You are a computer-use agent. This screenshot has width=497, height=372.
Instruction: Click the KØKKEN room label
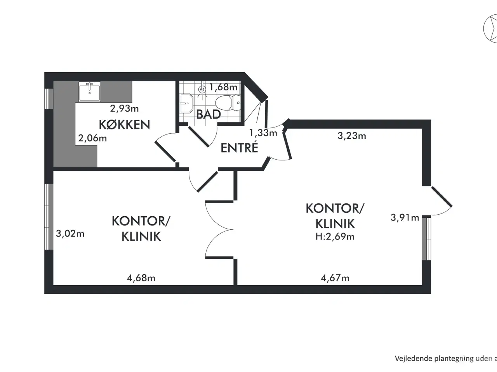(124, 124)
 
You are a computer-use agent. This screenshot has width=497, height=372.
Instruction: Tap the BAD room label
(209, 114)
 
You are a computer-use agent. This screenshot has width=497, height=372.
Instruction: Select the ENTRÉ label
(239, 148)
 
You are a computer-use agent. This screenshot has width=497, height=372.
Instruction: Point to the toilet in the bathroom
(228, 103)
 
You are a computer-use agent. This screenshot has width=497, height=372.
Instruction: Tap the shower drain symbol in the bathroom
(202, 89)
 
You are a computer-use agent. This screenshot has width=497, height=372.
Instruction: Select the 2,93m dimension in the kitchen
(124, 108)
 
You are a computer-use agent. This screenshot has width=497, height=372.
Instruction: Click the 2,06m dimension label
(92, 138)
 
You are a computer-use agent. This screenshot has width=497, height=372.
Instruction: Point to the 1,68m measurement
(223, 87)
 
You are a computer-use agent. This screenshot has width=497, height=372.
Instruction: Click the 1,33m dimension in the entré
(263, 133)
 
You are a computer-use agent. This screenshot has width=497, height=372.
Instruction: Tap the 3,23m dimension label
(351, 136)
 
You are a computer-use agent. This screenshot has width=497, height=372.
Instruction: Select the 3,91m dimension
(405, 217)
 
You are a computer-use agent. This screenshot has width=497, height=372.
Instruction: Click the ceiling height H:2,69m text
(335, 236)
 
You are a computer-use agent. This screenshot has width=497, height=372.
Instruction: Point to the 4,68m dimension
(141, 278)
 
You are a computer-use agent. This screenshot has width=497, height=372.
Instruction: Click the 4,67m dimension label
(335, 278)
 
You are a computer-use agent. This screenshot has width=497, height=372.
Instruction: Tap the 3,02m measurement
(70, 234)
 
